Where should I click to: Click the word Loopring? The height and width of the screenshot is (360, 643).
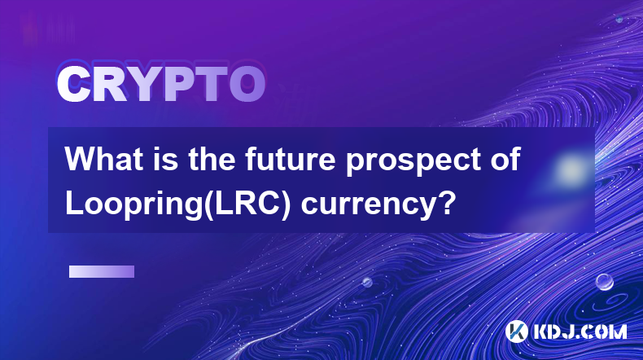pyautogui.click(x=133, y=204)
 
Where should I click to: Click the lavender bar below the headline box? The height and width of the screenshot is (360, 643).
pyautogui.click(x=102, y=272)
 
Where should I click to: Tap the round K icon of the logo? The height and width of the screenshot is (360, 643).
pyautogui.click(x=517, y=331)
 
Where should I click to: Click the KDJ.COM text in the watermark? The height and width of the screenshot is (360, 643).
pyautogui.click(x=580, y=331)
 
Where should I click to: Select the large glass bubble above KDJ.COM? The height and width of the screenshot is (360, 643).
pyautogui.click(x=604, y=283)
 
